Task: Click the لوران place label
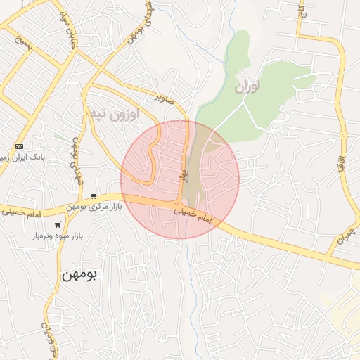tap(247, 87)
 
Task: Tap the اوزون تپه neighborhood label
tap(113, 112)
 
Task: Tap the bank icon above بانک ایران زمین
tap(19, 146)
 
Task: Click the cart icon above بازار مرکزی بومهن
tap(94, 196)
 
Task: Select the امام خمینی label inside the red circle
tap(193, 215)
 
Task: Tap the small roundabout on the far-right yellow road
tap(344, 135)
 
